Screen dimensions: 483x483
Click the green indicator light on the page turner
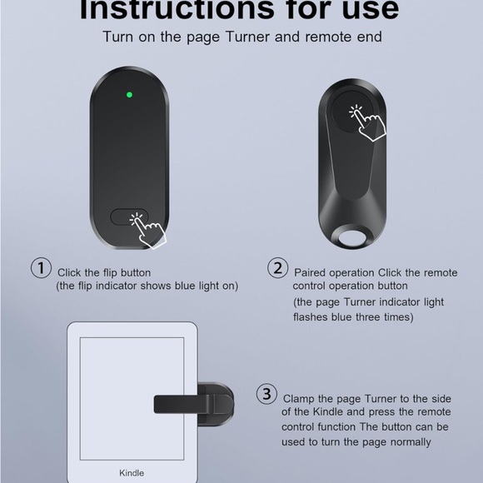(x=128, y=94)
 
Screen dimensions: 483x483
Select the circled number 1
(x=41, y=268)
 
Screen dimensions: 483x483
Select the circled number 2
(x=277, y=268)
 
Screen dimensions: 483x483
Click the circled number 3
(x=266, y=394)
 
